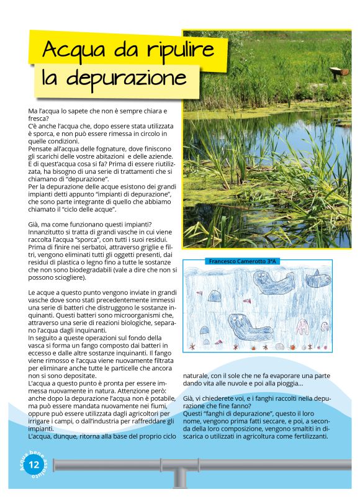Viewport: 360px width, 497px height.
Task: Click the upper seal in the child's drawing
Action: (272, 282)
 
